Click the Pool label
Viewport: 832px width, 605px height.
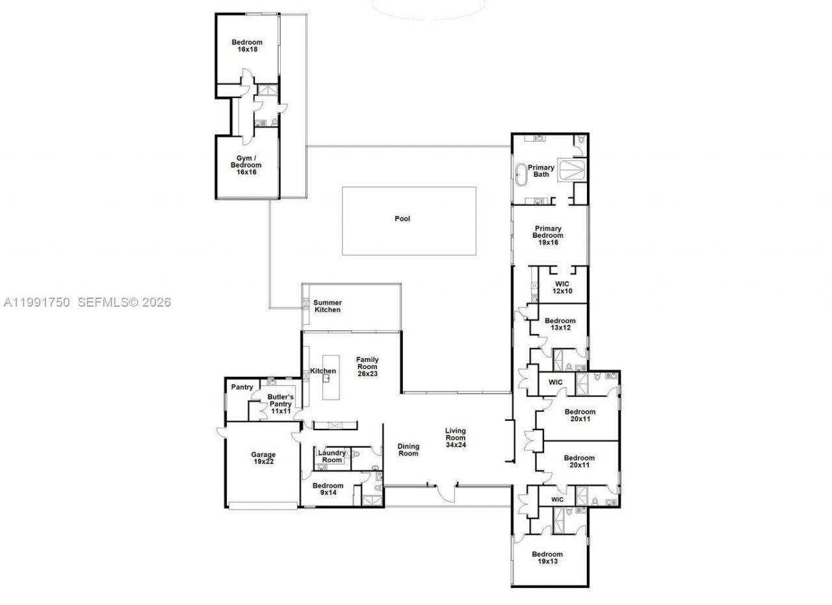(x=402, y=219)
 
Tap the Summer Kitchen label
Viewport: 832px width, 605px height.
(x=328, y=306)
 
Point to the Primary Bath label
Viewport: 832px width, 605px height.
(x=541, y=171)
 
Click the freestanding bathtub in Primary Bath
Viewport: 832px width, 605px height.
(x=521, y=175)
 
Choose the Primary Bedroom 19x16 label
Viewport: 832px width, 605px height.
(x=548, y=235)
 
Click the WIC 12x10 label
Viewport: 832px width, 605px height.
(x=563, y=287)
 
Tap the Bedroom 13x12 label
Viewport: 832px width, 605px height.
(x=560, y=324)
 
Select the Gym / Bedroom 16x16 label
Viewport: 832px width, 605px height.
(x=246, y=165)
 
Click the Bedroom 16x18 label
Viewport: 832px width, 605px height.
(x=247, y=45)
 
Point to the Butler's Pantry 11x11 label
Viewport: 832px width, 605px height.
(x=281, y=404)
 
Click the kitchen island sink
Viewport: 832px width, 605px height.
(x=327, y=378)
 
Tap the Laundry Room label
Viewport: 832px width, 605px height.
(x=332, y=456)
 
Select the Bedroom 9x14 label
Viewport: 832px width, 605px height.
(x=328, y=489)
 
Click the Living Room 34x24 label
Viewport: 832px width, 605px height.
(x=456, y=438)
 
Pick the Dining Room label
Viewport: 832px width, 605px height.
(x=408, y=450)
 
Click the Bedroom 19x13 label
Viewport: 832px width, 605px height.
(x=547, y=558)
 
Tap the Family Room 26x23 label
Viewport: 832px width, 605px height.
(x=367, y=367)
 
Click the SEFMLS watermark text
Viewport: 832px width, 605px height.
(x=124, y=302)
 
